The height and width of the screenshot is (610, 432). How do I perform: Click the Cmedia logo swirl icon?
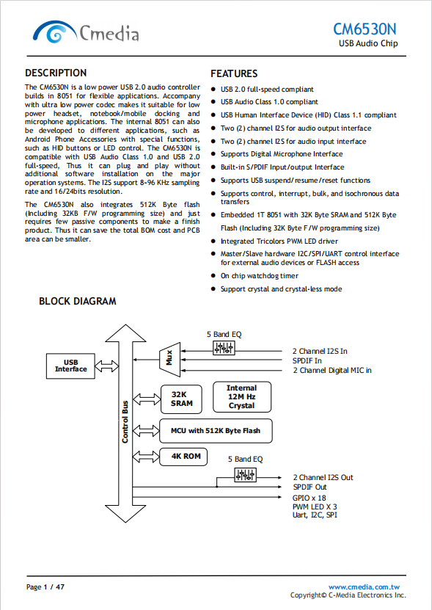(54, 32)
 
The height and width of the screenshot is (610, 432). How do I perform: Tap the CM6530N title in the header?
(365, 29)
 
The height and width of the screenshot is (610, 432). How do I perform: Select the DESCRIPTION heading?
(56, 73)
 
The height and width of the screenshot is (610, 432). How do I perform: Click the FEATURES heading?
(234, 73)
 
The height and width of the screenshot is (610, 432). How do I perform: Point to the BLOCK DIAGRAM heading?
(78, 301)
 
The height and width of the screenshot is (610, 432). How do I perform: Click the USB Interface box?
(70, 366)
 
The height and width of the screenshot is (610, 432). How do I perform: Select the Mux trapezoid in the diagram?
(170, 360)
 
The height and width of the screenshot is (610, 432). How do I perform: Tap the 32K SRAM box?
(181, 399)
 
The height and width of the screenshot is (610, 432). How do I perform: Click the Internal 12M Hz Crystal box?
(242, 397)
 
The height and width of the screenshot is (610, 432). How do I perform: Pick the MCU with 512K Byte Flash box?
(216, 431)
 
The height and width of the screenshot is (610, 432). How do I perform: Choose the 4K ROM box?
(183, 457)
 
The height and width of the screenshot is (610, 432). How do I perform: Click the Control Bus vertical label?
(125, 421)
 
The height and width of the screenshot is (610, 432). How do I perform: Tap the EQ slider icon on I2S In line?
(224, 348)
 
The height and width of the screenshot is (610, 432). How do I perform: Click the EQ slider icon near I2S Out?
(246, 475)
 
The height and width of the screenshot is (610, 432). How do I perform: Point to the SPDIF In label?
(307, 360)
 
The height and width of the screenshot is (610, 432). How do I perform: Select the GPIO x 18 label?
(309, 498)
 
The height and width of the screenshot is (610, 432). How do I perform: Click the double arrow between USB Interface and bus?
(107, 366)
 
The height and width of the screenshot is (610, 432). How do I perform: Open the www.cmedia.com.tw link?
(364, 587)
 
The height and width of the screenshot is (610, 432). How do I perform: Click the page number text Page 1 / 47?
(45, 587)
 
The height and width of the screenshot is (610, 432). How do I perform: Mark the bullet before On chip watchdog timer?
(213, 276)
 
